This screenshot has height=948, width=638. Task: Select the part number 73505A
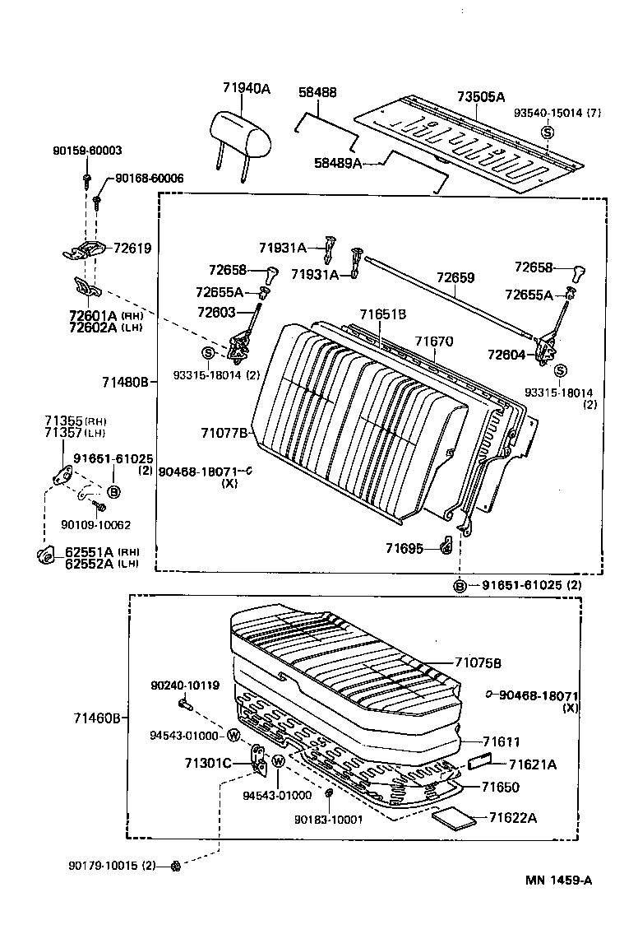pos(481,97)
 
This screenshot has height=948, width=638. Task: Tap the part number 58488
pos(317,93)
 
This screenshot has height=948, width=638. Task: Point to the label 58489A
pos(338,163)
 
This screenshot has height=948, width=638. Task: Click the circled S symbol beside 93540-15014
pos(547,133)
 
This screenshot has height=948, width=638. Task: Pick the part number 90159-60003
pos(86,151)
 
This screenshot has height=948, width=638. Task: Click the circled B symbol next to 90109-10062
pos(113,492)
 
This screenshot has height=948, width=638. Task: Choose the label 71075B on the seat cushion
pos(478,662)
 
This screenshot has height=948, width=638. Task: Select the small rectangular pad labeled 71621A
pos(479,762)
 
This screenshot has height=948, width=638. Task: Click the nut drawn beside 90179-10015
pos(175,866)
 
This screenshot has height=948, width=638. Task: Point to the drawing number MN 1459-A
pos(559,881)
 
